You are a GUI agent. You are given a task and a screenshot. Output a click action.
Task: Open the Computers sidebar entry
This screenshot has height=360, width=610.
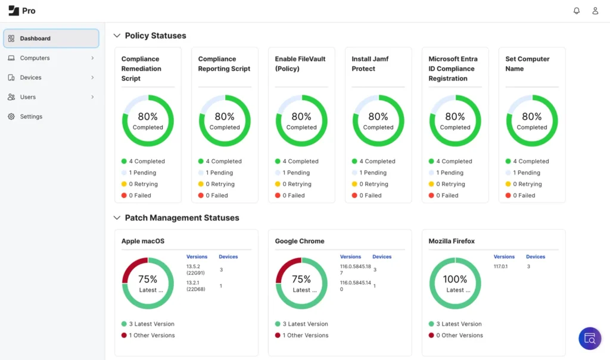35,58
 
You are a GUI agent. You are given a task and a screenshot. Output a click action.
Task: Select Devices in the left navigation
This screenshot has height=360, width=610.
30,77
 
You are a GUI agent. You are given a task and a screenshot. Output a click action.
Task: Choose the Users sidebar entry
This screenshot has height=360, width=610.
27,97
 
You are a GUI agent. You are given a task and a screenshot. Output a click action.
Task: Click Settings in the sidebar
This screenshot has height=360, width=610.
31,117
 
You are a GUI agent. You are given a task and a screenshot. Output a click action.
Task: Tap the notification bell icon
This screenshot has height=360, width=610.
576,11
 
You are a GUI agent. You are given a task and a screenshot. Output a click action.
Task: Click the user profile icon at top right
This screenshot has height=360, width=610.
595,11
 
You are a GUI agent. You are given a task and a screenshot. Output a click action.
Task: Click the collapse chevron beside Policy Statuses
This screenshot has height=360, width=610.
117,36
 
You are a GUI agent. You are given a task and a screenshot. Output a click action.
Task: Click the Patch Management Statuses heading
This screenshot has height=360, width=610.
182,218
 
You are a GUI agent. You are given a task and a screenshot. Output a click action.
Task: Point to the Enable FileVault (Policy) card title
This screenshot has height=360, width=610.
296,64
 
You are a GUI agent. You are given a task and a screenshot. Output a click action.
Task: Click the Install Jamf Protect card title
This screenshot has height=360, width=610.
370,64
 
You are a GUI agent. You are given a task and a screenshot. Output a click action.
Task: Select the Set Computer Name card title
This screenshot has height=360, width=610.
527,64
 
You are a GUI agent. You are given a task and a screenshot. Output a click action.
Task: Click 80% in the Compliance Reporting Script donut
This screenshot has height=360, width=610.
225,117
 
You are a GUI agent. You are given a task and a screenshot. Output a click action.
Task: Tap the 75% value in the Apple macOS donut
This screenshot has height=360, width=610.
148,279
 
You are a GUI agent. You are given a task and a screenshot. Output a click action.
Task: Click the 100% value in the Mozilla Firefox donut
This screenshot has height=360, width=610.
455,279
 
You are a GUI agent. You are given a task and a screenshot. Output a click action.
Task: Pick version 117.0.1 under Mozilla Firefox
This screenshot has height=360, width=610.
500,266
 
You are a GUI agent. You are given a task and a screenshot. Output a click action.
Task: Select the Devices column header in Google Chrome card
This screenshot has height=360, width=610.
382,257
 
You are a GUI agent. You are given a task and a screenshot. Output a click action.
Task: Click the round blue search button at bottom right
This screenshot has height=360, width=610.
590,339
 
